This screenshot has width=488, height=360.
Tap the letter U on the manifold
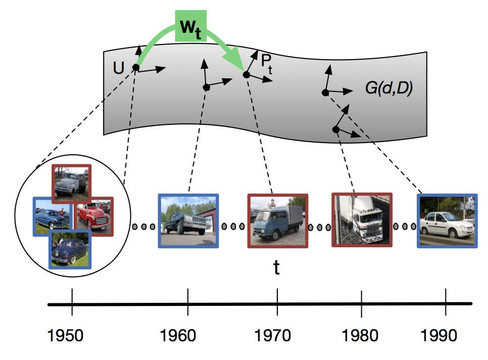coord(118,68)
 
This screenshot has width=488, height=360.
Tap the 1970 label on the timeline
coord(277,335)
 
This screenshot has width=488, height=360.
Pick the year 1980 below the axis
coord(361,335)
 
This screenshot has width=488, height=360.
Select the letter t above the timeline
coord(276,267)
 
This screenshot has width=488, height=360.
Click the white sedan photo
coord(447,221)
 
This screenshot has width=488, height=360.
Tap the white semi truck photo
coord(361,219)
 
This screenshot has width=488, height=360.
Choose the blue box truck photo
coord(277,221)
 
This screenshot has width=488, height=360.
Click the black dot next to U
coord(136,67)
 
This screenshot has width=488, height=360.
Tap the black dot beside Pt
coord(247,74)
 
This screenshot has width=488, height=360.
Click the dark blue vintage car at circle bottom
coord(69,249)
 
